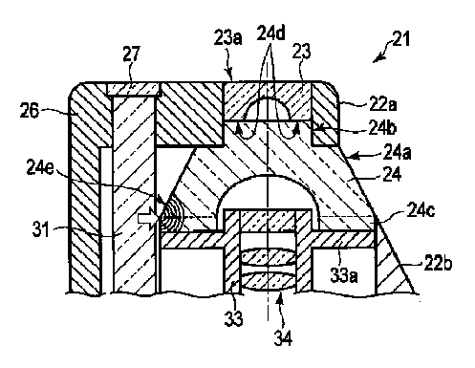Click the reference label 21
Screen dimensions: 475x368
[x=400, y=39]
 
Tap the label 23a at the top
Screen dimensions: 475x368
[x=227, y=38]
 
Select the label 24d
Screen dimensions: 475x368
[x=270, y=32]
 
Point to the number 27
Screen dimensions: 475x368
[x=131, y=54]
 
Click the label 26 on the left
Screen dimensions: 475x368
[x=30, y=111]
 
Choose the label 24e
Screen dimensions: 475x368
[x=40, y=167]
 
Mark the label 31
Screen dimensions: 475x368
[x=41, y=229]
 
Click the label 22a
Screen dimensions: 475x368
[x=382, y=103]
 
